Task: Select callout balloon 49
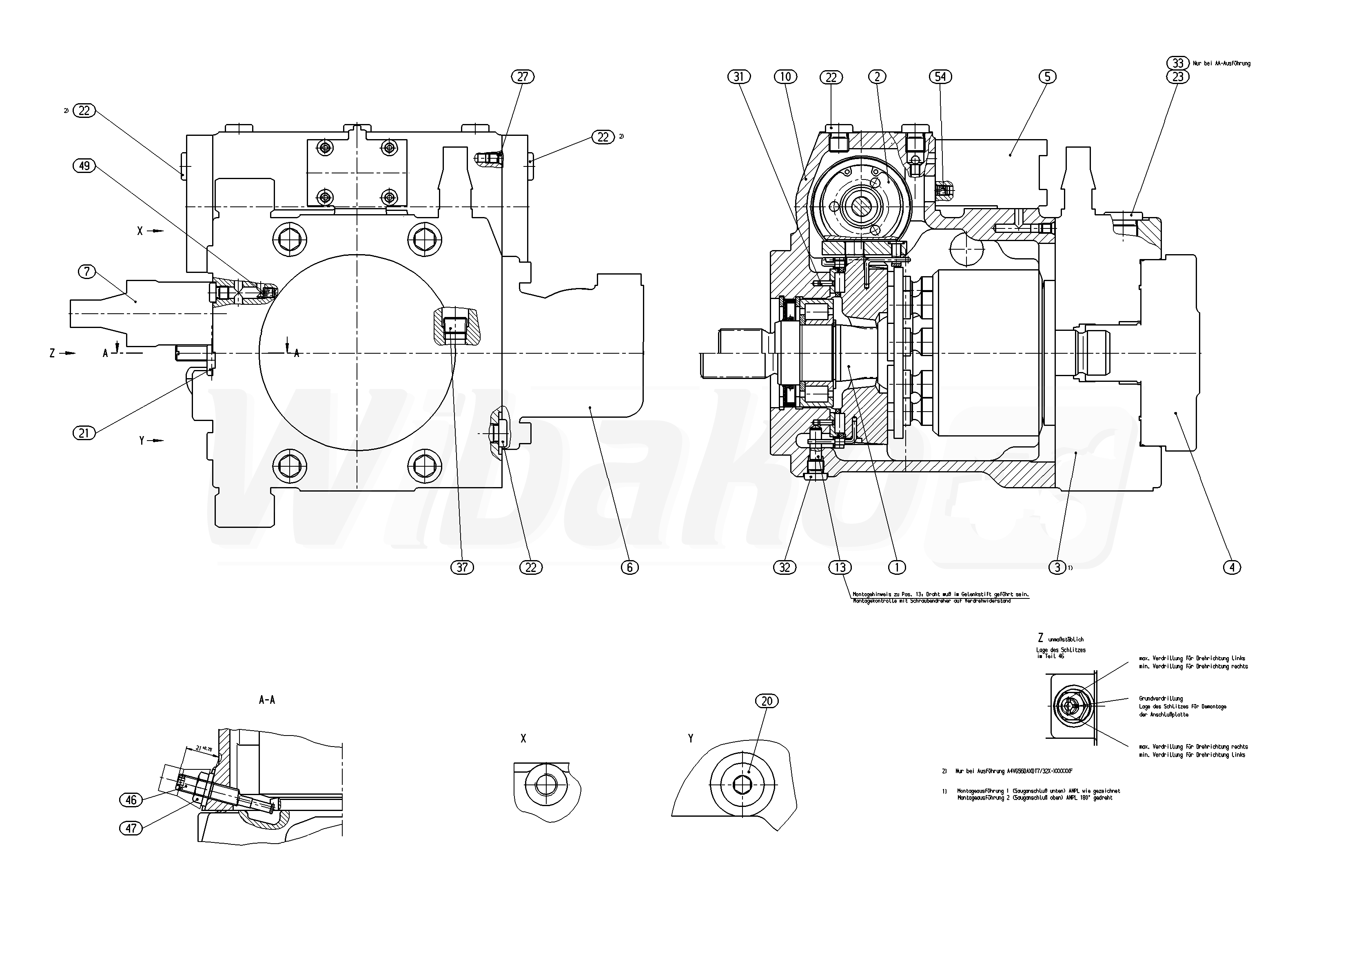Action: tap(84, 166)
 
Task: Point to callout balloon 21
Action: tap(84, 433)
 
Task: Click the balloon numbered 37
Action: tap(462, 567)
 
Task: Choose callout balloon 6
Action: tap(629, 567)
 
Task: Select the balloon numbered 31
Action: tap(740, 77)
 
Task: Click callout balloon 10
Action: tap(785, 77)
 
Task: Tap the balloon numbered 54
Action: tap(940, 77)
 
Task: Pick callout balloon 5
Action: tap(1047, 77)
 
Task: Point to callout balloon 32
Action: tap(785, 567)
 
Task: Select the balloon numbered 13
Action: tap(840, 567)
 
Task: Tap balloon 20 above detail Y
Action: tap(767, 701)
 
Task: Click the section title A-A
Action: tap(267, 700)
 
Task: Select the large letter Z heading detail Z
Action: tap(1040, 638)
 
